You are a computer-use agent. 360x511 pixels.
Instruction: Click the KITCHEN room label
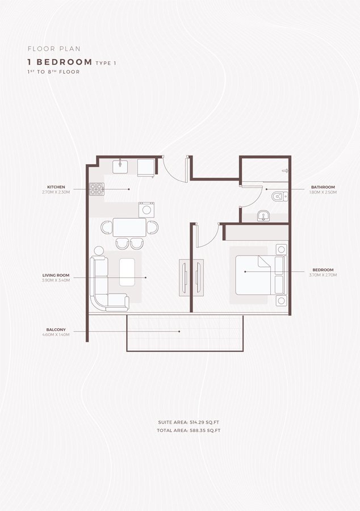[56, 187]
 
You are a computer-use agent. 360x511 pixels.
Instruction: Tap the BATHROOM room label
[323, 187]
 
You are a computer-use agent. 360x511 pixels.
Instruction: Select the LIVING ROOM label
[56, 275]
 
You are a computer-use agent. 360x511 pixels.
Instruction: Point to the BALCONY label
[56, 329]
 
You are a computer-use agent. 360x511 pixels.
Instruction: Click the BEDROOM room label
[323, 270]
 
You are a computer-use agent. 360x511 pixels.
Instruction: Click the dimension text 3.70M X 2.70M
[324, 275]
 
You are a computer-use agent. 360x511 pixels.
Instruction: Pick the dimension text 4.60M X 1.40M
[56, 335]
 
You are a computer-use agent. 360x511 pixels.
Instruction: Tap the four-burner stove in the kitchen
[96, 189]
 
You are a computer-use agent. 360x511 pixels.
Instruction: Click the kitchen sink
[121, 166]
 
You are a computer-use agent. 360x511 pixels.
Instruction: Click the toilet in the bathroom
[278, 196]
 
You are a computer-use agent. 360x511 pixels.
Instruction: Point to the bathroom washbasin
[263, 215]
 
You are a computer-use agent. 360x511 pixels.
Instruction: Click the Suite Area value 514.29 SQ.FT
[203, 423]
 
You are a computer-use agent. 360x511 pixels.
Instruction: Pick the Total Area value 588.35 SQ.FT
[203, 431]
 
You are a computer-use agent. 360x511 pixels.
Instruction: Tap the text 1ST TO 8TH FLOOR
[53, 72]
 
